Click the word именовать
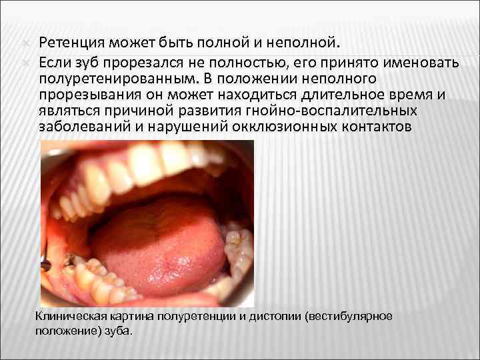pyautogui.click(x=412, y=61)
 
